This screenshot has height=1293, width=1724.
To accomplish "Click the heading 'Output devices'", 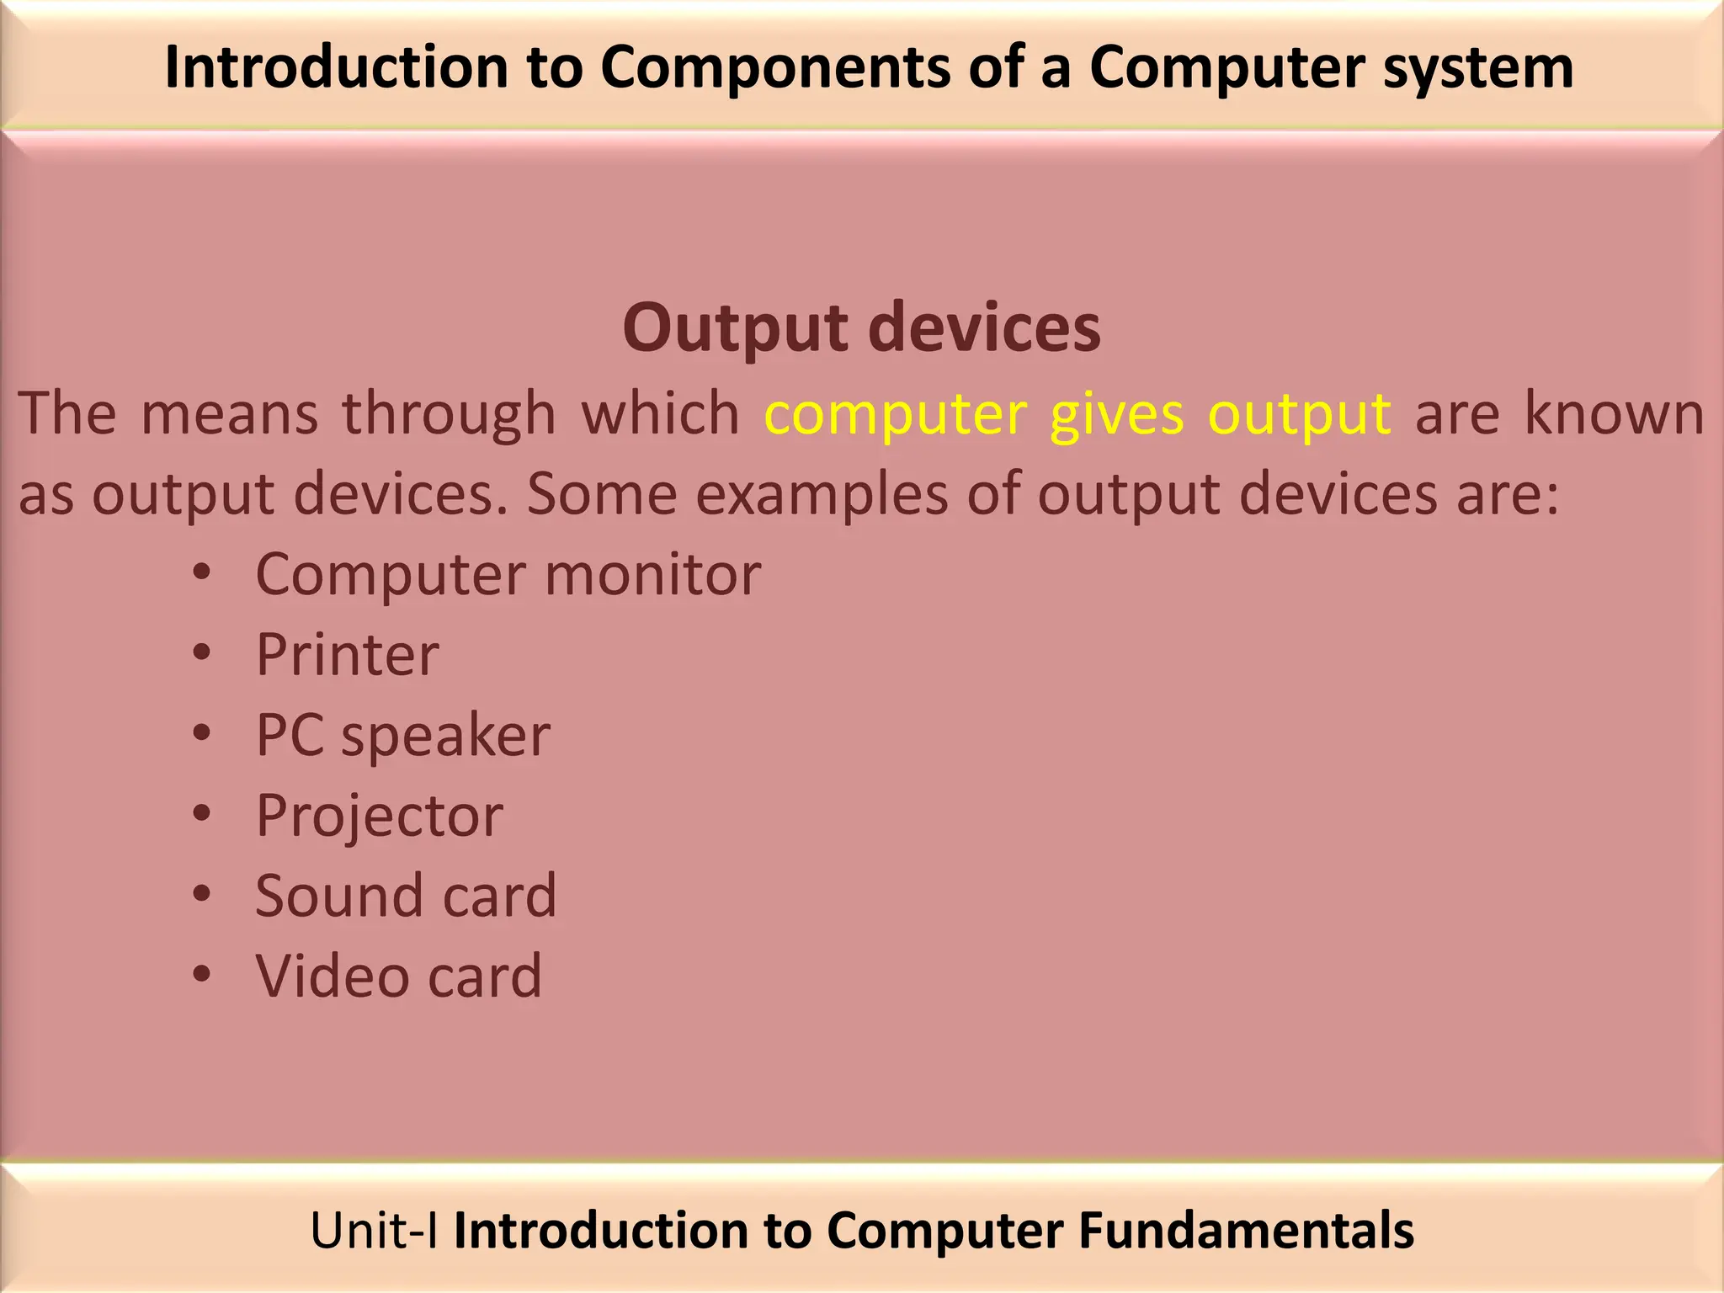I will [861, 328].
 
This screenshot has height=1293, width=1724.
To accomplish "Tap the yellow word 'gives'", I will [1116, 414].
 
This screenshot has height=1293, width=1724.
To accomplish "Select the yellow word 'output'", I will [1299, 414].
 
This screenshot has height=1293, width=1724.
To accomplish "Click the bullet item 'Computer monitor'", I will [508, 575].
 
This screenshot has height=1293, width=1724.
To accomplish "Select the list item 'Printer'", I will [347, 655].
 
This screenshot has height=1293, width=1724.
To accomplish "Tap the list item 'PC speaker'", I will [402, 736].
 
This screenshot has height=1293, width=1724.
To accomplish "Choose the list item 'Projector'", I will [379, 816].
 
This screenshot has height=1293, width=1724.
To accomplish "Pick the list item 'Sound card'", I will [406, 896].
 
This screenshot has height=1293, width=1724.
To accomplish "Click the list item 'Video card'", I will [399, 976].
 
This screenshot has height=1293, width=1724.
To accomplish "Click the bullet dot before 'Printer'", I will [201, 652].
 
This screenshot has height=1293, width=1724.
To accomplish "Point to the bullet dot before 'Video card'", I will [201, 974].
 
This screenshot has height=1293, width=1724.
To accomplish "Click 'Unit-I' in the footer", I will [374, 1231].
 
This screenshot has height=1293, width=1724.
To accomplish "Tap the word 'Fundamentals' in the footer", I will [1246, 1231].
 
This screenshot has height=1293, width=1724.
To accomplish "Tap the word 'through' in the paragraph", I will [449, 414].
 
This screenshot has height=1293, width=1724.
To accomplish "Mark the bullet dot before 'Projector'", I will [201, 813].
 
